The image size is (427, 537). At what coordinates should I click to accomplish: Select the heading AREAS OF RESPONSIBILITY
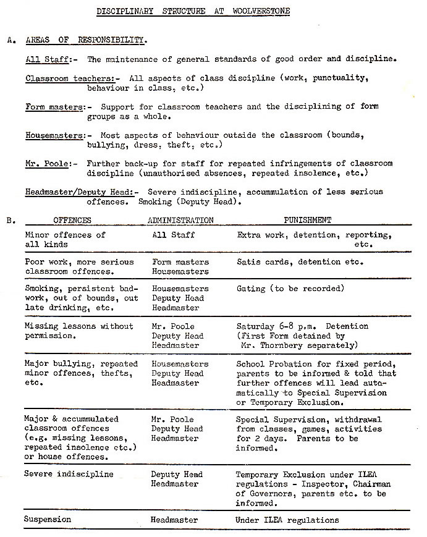point(87,40)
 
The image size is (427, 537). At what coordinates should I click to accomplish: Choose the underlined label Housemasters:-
point(58,135)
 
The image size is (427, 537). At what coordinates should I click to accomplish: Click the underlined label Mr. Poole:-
point(51,164)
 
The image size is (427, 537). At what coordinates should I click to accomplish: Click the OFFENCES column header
point(72,220)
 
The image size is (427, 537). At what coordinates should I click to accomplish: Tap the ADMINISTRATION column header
point(180,220)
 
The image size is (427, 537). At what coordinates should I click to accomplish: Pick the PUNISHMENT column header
point(307,220)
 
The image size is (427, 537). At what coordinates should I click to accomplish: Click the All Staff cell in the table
point(173,235)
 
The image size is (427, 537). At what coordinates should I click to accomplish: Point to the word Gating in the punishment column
point(252,289)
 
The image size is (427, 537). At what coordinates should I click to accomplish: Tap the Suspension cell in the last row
point(48,520)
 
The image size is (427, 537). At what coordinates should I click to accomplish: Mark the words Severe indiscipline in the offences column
point(69,475)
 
